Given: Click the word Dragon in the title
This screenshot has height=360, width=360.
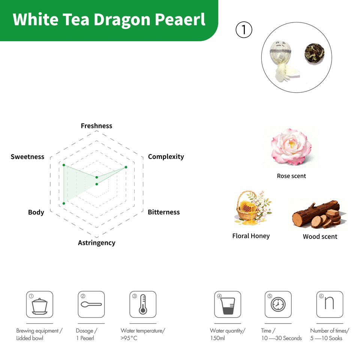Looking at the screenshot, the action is tap(122, 20).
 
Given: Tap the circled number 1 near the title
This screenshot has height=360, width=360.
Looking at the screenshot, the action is tap(244, 30).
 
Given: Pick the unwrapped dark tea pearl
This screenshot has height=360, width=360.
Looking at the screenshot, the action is tap(314, 53).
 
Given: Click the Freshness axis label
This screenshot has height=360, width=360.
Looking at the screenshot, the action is tap(96, 126).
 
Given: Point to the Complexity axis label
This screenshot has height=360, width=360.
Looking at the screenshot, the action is tap(166, 157).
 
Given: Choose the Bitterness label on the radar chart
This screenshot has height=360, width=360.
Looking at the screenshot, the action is tap(164, 212).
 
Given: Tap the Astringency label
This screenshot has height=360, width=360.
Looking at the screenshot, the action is tap(97, 243).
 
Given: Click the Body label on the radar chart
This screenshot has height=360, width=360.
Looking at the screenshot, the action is tap(36, 212).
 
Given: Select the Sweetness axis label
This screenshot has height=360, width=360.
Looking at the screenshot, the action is tap(27, 157).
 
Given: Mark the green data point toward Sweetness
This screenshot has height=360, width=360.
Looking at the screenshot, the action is tap(64, 165).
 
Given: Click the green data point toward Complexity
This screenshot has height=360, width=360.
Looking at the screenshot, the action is tap(126, 167).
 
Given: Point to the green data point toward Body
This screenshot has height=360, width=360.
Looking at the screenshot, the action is tap(64, 203).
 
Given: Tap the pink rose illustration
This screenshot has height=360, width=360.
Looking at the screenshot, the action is tap(291, 147).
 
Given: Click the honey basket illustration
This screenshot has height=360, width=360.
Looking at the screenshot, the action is tap(252, 208).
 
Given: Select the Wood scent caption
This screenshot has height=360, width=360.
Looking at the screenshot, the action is tap(320, 237).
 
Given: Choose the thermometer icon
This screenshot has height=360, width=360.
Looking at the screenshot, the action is tap(143, 304).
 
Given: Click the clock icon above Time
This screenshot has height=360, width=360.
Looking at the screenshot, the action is tap(278, 304).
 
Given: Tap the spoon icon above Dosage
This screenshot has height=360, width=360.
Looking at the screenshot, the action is tap(91, 304).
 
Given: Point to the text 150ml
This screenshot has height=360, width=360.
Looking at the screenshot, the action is tap(217, 338).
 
